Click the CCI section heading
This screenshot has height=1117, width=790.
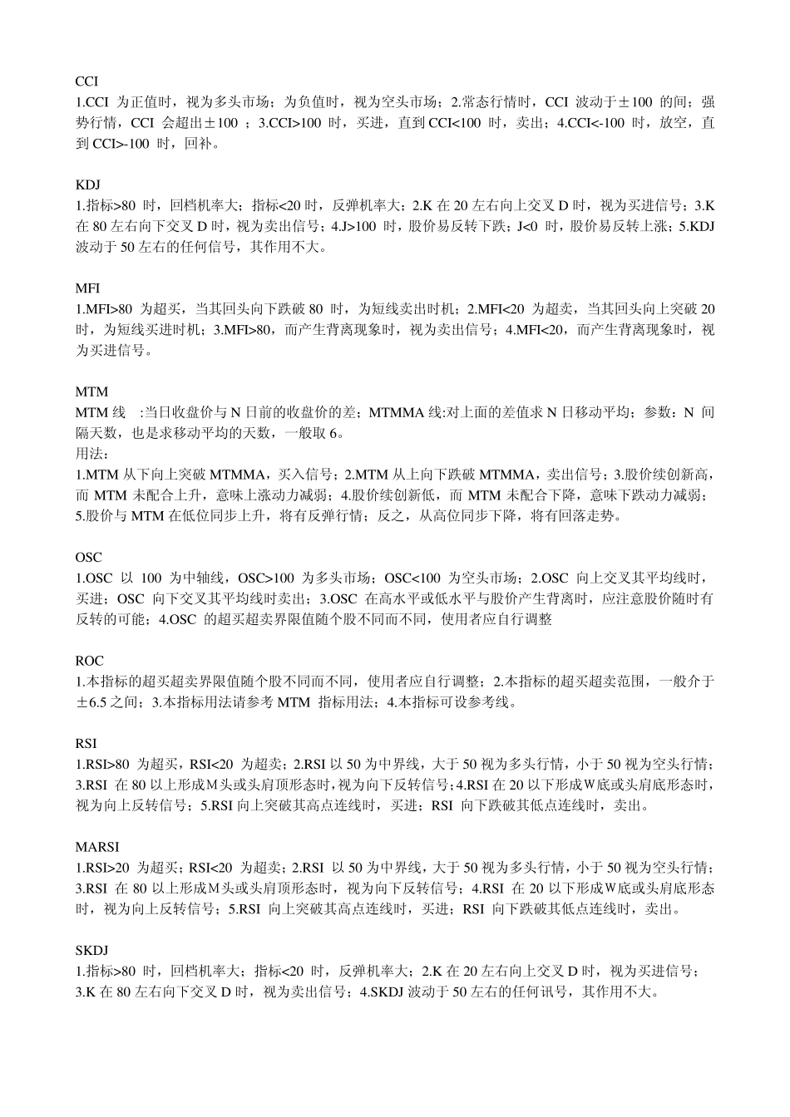[x=86, y=81]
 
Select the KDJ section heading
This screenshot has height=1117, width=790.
[x=87, y=185]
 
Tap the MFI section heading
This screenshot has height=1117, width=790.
[x=87, y=288]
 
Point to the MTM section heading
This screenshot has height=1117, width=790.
[x=91, y=391]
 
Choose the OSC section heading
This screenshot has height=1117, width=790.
[x=88, y=557]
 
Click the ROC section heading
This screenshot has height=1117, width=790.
[x=89, y=661]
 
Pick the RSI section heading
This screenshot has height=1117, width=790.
[x=86, y=743]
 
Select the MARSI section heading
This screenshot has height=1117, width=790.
[x=97, y=847]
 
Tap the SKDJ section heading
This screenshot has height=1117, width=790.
[x=91, y=950]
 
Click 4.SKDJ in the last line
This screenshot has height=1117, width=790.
[x=383, y=992]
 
